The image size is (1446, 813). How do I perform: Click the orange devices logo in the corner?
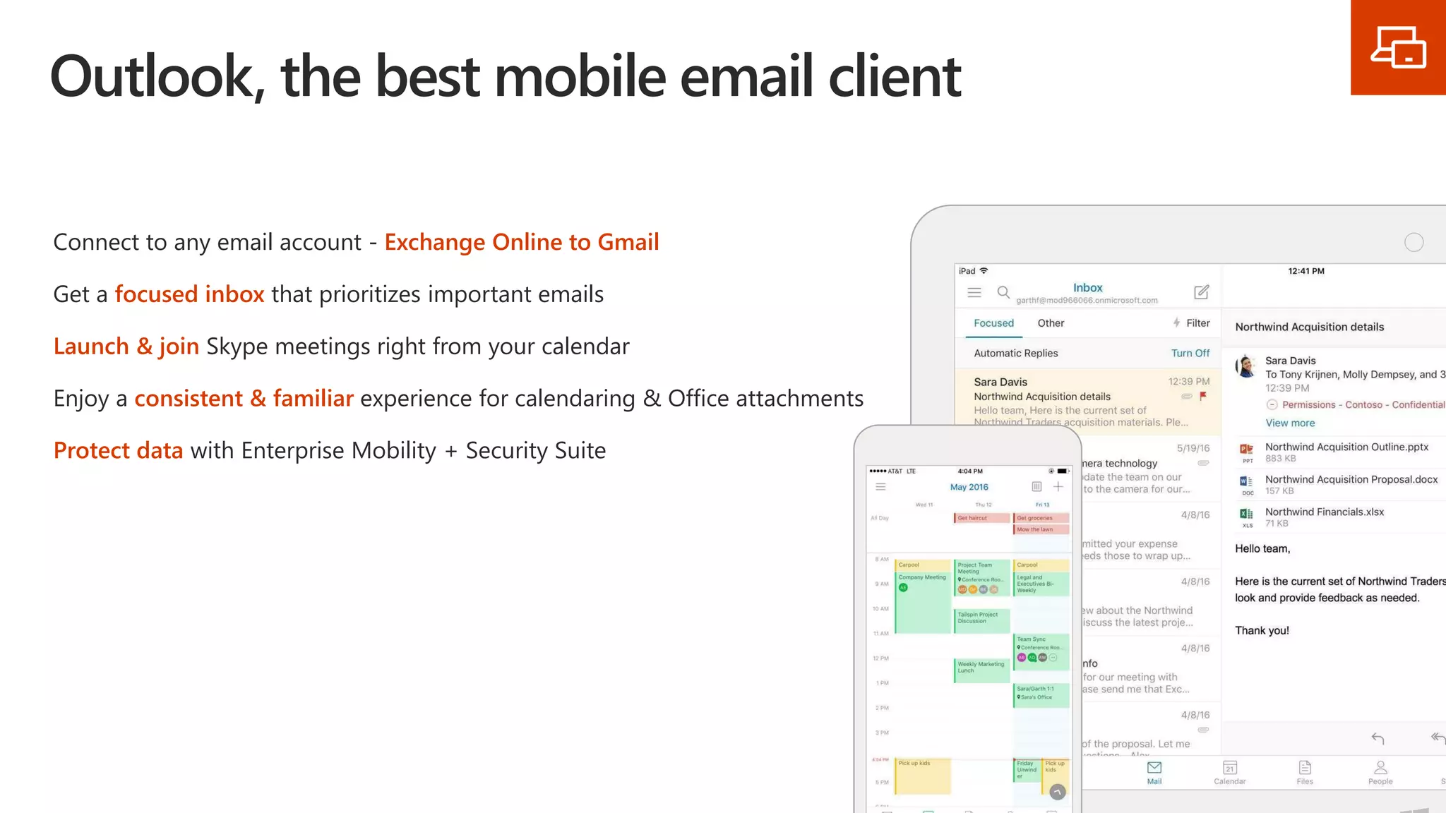(1398, 47)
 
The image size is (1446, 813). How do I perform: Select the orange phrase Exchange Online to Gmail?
(521, 242)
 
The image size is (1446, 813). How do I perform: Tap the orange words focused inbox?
(189, 294)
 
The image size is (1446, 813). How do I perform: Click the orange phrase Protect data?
(118, 450)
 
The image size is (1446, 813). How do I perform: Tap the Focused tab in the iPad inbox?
(993, 323)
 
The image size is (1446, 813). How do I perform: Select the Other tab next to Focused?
(1051, 323)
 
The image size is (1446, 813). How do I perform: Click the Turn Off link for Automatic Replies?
(1190, 353)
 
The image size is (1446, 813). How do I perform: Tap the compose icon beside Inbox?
(1201, 292)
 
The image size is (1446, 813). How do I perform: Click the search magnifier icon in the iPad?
(1003, 292)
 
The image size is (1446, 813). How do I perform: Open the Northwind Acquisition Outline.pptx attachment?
(1346, 447)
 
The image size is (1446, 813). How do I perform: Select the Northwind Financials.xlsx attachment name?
(1324, 512)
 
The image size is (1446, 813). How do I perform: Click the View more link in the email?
(1290, 423)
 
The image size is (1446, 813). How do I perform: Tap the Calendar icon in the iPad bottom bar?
(1229, 771)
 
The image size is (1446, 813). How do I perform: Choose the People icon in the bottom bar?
(1380, 771)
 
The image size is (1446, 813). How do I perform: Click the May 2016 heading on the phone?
(969, 487)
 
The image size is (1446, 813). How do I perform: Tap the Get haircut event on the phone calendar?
(981, 518)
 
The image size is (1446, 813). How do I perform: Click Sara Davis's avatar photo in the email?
(1246, 366)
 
